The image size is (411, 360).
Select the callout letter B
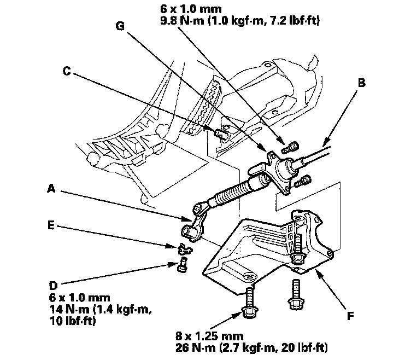click(361, 83)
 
